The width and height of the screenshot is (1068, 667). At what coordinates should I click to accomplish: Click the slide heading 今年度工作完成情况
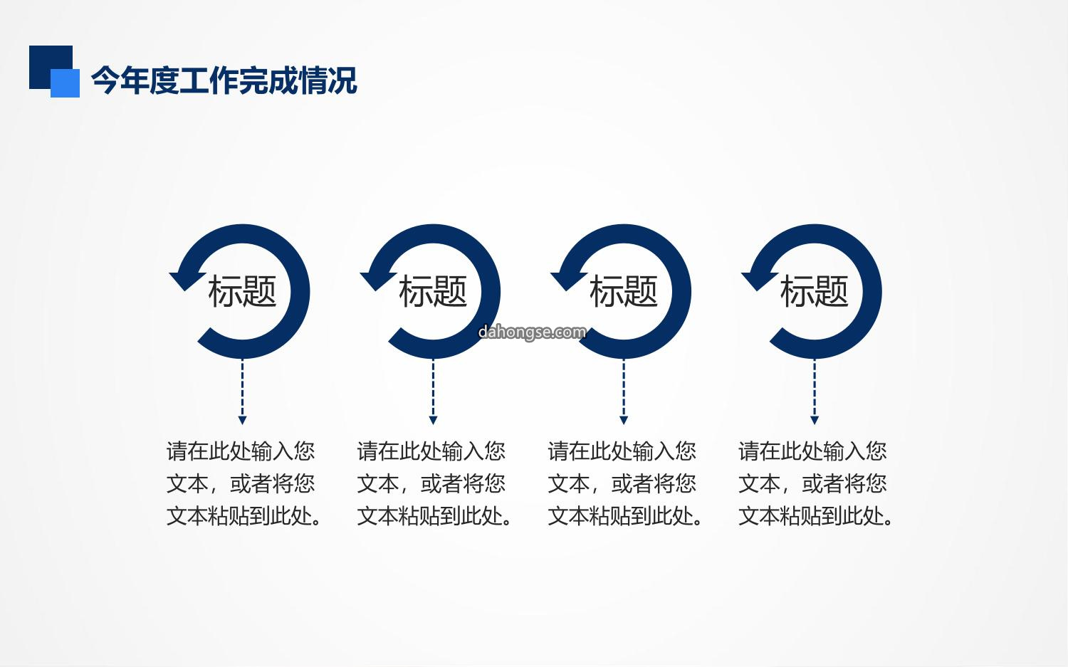pos(224,80)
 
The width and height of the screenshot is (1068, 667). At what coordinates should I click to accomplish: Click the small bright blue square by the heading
pos(66,83)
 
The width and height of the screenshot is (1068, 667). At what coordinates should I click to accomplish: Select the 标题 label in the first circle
pos(242,291)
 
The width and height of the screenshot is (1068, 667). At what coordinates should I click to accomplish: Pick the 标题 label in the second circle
pos(433,291)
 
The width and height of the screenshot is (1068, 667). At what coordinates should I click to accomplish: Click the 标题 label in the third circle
pos(624,291)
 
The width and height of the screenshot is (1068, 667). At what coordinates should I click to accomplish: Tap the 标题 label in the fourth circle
pos(815,291)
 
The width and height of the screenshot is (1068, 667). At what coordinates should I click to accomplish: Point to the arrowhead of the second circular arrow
pos(377,280)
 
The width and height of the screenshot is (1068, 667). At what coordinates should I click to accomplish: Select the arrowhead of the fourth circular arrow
pos(758,280)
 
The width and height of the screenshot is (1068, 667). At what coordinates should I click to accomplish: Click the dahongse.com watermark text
pos(532,332)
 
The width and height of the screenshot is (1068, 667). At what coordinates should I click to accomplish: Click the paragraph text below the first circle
pos(244,483)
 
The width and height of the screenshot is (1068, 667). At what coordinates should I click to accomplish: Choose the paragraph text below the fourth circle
pos(816,483)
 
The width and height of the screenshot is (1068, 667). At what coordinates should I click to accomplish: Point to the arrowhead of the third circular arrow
pos(568,280)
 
